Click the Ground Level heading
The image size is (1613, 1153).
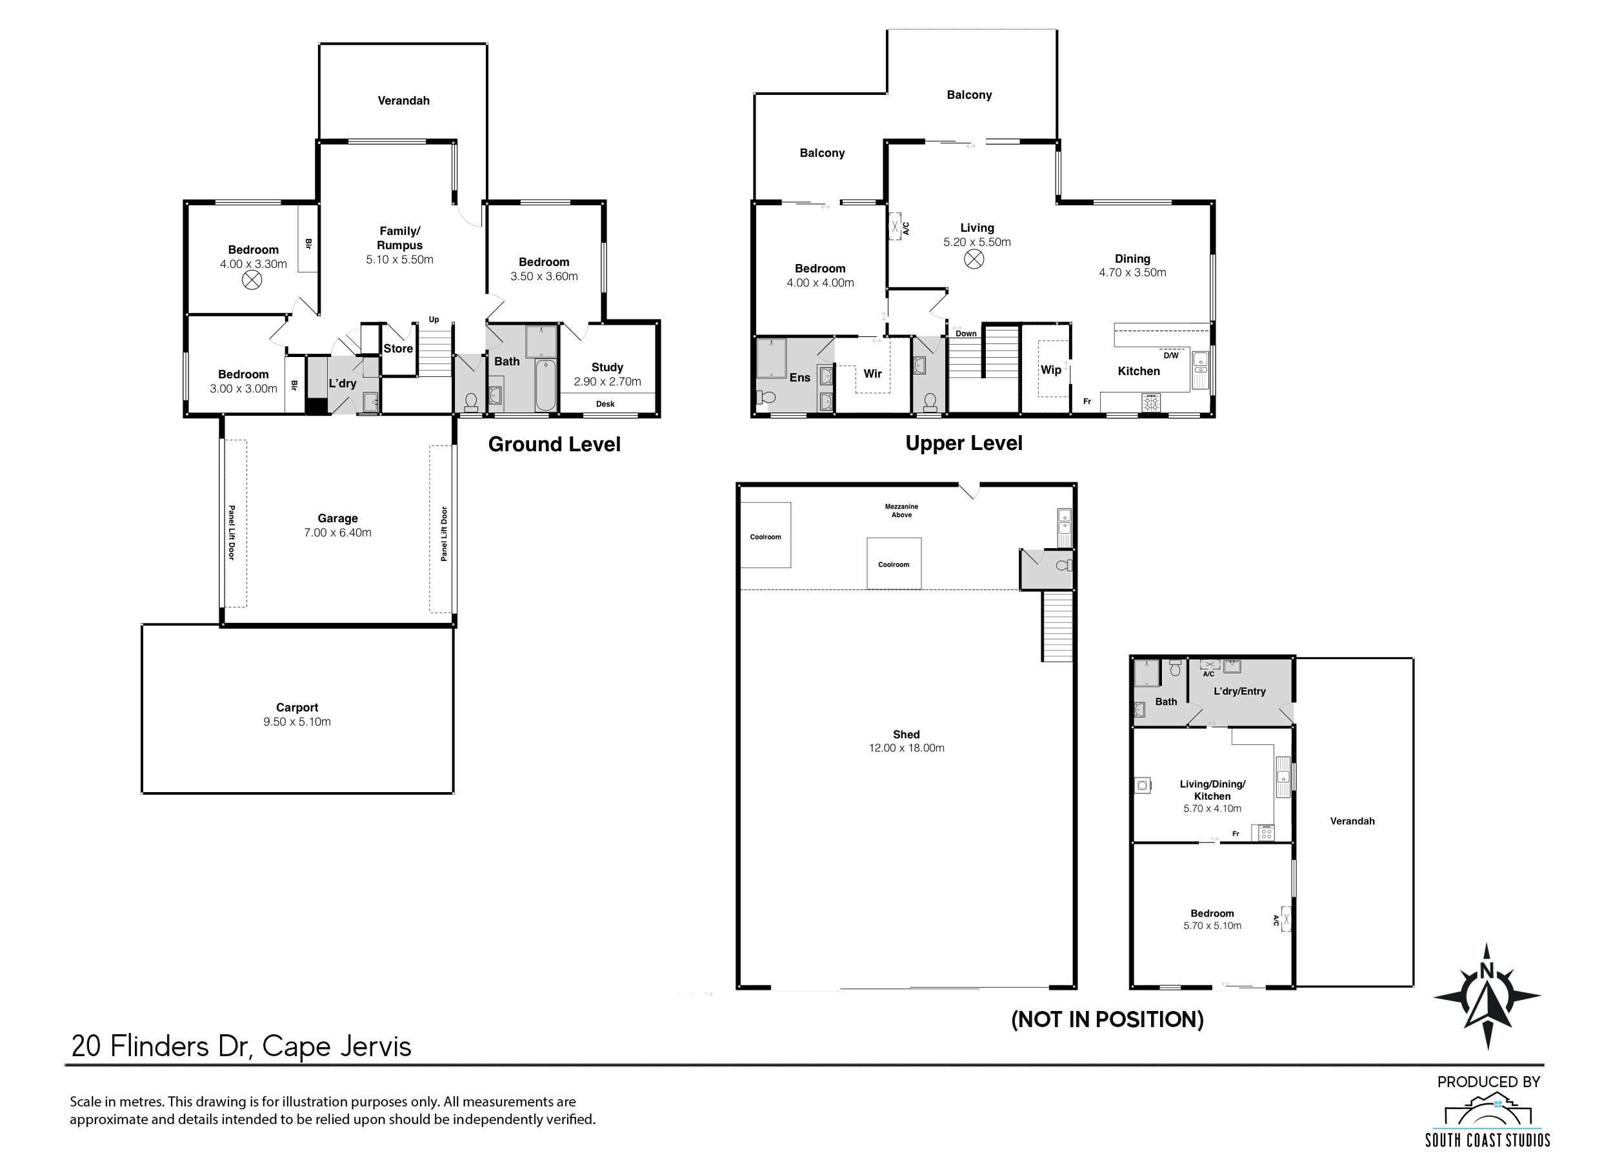coord(554,444)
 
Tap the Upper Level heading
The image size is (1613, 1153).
coord(964,444)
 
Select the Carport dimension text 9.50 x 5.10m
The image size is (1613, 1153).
coord(297,722)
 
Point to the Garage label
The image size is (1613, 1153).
coord(338,519)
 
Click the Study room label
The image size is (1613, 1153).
coord(607,367)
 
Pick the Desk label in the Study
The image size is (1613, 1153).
coord(605,404)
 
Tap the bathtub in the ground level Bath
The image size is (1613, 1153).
coord(546,385)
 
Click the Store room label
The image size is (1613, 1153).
coord(398,349)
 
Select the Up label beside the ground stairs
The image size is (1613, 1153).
coord(434,320)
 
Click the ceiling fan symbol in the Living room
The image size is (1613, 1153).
coord(974,260)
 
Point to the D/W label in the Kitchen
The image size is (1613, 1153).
coord(1171,356)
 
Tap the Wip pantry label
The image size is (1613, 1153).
coord(1051,370)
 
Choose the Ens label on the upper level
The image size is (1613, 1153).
coord(800,378)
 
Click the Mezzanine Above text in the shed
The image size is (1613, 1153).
coord(901,511)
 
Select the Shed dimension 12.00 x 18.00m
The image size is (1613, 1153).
coord(907,748)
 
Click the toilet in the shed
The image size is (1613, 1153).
coord(1064,566)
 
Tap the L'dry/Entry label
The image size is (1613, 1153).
coord(1239,691)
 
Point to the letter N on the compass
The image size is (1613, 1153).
coord(1487,970)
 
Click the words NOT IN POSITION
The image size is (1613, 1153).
coord(1107,1019)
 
